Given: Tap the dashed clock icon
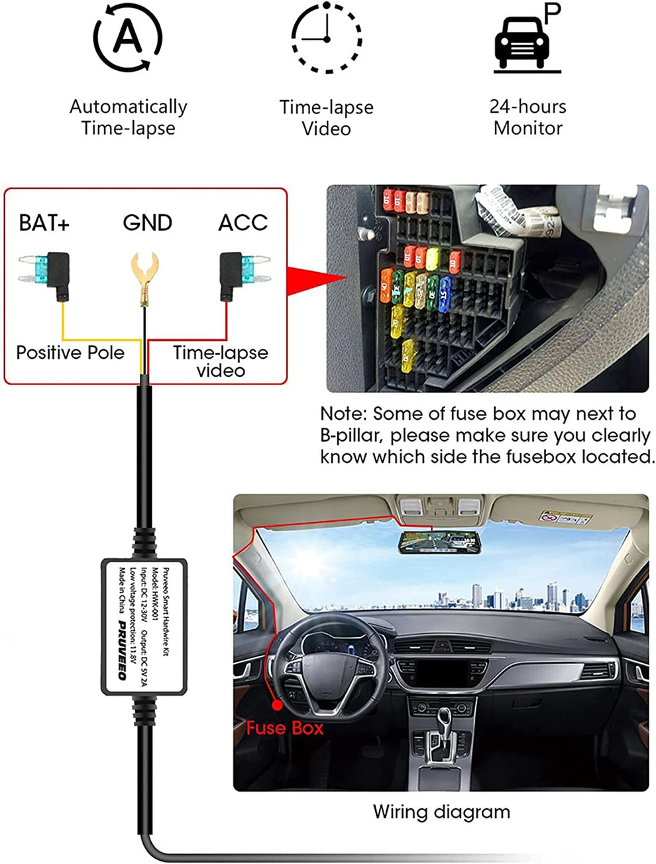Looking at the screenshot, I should (x=327, y=37).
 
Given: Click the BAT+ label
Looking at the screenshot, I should (x=44, y=223).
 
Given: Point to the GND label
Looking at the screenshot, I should (x=147, y=223).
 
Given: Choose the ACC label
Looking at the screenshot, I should (x=243, y=223).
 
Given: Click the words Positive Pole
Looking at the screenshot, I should (x=70, y=352).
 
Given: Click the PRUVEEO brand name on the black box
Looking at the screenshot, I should (x=122, y=650).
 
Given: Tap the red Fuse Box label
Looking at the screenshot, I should (x=285, y=728).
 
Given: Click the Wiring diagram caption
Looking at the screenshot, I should (x=441, y=812).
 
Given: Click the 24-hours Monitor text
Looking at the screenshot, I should (x=528, y=117).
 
